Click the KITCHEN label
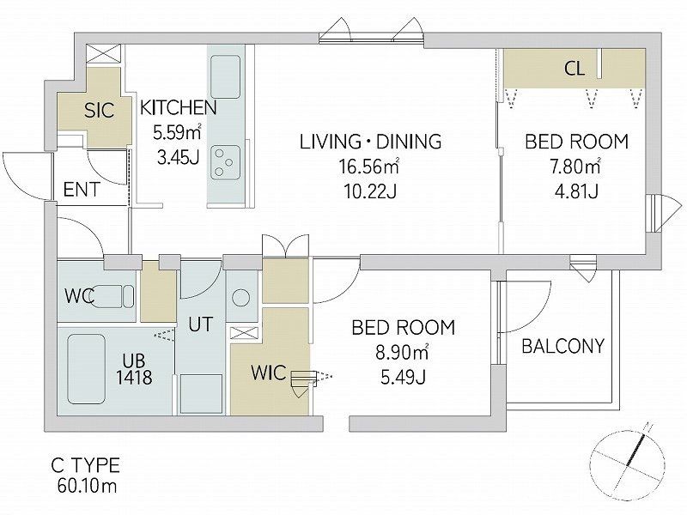click(178, 108)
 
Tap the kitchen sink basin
click(225, 77)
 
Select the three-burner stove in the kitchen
click(225, 162)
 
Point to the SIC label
click(99, 111)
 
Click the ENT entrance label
click(82, 190)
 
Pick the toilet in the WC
click(110, 296)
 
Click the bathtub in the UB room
click(87, 369)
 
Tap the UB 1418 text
click(134, 369)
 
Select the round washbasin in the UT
click(240, 298)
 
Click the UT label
click(200, 324)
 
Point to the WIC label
click(268, 373)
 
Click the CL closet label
click(574, 69)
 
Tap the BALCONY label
click(563, 347)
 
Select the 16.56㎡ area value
click(368, 167)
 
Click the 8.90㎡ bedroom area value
click(402, 353)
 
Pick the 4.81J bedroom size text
click(576, 191)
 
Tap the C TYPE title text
click(85, 465)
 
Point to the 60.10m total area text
click(87, 485)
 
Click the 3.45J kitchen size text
click(179, 157)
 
